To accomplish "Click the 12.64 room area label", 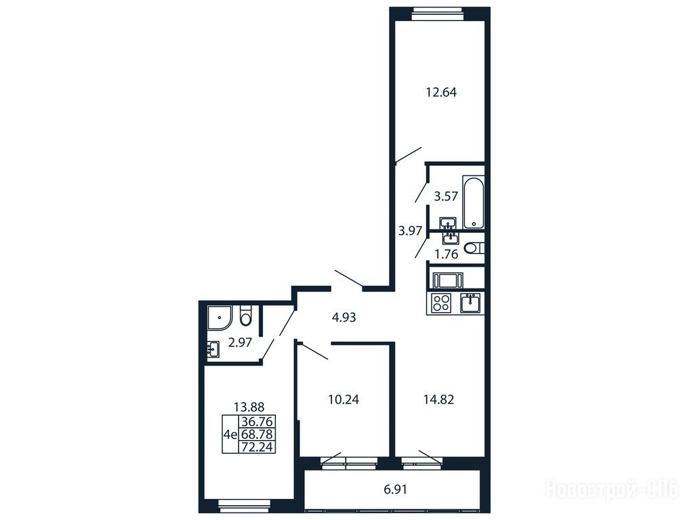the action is [441, 92].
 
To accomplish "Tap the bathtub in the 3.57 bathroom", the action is [474, 202].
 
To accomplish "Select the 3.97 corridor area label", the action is [410, 231].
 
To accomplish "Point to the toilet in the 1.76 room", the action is [474, 248].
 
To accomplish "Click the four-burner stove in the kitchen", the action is [441, 303].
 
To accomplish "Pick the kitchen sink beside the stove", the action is [470, 303].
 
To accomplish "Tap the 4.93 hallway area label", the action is [344, 317].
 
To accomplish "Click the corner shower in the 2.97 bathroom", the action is [220, 318].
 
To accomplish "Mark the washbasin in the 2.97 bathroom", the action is [213, 350].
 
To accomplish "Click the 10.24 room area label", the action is [343, 399].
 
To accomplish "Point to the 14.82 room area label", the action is [438, 399].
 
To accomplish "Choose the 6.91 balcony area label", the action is [396, 490].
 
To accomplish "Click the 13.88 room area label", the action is [249, 407].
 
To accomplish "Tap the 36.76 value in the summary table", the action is [257, 422].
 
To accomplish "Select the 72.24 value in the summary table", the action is [257, 447].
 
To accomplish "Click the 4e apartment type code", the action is [230, 435].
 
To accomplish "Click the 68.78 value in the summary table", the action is [257, 435].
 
